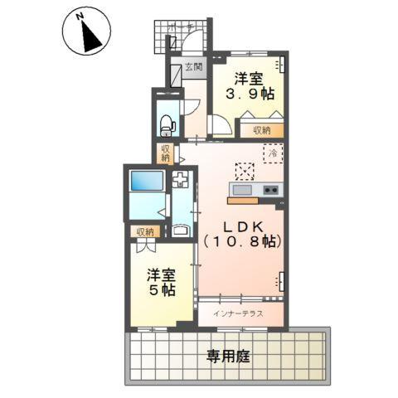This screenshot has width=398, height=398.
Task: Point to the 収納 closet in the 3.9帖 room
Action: pyautogui.click(x=263, y=130)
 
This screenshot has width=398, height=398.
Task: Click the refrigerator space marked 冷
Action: pyautogui.click(x=274, y=152)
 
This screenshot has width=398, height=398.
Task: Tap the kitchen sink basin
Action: pyautogui.click(x=242, y=190)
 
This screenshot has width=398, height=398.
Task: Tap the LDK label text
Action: pyautogui.click(x=242, y=226)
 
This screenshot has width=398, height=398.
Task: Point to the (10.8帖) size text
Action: pyautogui.click(x=242, y=242)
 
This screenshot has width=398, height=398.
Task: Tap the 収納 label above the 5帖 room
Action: pyautogui.click(x=145, y=232)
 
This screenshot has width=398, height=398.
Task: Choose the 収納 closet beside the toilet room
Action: pyautogui.click(x=165, y=153)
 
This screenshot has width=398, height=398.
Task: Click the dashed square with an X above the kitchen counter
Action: pyautogui.click(x=244, y=171)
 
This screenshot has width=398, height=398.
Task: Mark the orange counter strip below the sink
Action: pyautogui.click(x=244, y=200)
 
